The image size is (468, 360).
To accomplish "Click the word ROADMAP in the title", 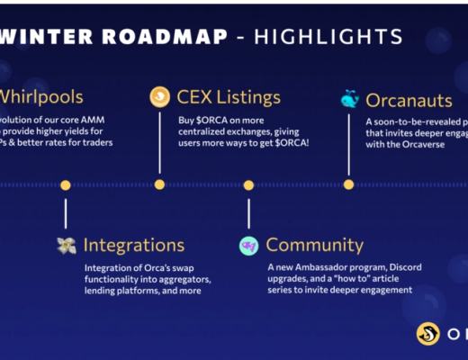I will (165, 37).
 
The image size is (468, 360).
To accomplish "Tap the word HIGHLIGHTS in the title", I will (328, 37).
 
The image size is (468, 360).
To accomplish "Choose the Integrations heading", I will (134, 245).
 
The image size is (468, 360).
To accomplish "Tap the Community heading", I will (315, 245).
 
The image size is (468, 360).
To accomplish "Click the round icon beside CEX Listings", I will (160, 96).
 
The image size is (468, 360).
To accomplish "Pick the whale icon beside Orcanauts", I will (349, 99).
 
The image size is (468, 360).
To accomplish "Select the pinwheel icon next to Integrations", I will (67, 245).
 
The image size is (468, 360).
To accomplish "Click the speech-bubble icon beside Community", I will (248, 246).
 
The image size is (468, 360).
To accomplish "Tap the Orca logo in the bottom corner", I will (427, 334).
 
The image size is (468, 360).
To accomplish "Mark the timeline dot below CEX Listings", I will (159, 184).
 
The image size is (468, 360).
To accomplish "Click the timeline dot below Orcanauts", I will (349, 184).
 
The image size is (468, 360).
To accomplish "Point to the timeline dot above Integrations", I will (66, 184).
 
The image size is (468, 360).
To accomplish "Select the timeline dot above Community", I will (248, 184).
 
